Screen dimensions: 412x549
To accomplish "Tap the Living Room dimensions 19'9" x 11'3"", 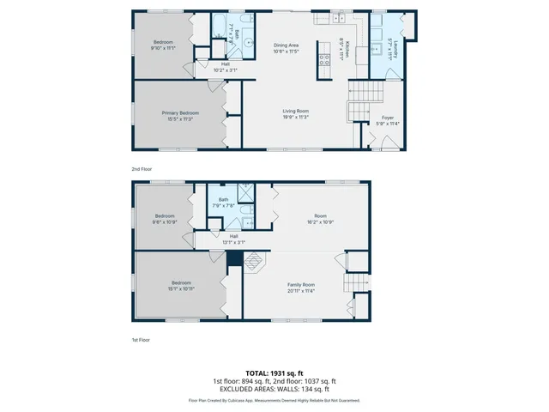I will pyautogui.click(x=296, y=118).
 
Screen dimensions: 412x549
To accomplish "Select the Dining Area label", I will pyautogui.click(x=287, y=45).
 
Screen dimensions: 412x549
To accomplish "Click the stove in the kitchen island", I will pyautogui.click(x=325, y=60).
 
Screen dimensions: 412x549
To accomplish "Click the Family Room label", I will pyautogui.click(x=300, y=284).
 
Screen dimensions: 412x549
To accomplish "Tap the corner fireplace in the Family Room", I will pyautogui.click(x=254, y=261).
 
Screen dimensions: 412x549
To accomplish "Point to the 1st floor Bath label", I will pyautogui.click(x=223, y=199).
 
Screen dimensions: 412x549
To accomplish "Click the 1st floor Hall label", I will pyautogui.click(x=233, y=236).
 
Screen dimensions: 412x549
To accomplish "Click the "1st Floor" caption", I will pyautogui.click(x=141, y=341).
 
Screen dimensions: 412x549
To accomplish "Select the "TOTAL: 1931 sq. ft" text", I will pyautogui.click(x=274, y=373).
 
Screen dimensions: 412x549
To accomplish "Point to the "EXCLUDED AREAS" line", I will pyautogui.click(x=274, y=388).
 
